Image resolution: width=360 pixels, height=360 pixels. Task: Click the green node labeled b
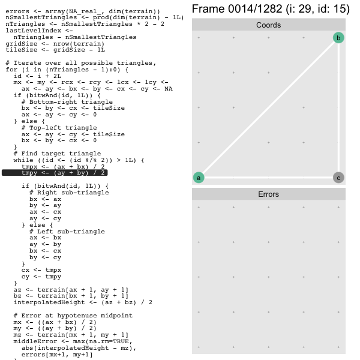pyautogui.click(x=338, y=38)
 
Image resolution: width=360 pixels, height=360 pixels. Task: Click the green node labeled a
pyautogui.click(x=199, y=178)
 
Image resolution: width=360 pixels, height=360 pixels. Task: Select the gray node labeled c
pyautogui.click(x=338, y=178)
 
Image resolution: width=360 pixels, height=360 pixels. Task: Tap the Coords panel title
pyautogui.click(x=268, y=25)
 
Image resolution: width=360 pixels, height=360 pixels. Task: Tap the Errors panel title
pyautogui.click(x=268, y=194)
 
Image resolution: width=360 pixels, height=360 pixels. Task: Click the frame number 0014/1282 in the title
pyautogui.click(x=255, y=9)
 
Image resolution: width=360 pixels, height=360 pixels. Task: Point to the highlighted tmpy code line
pyautogui.click(x=55, y=173)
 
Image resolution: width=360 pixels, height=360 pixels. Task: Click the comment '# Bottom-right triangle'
pyautogui.click(x=67, y=102)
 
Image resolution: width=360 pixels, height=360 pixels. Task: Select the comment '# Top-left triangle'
pyautogui.click(x=59, y=128)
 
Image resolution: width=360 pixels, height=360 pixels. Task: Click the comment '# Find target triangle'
pyautogui.click(x=57, y=154)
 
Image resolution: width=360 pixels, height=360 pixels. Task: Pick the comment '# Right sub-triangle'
pyautogui.click(x=69, y=193)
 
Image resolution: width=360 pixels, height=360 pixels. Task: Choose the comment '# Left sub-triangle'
pyautogui.click(x=67, y=232)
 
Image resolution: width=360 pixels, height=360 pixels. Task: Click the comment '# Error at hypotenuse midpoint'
pyautogui.click(x=73, y=316)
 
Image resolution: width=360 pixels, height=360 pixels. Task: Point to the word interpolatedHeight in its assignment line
pyautogui.click(x=49, y=302)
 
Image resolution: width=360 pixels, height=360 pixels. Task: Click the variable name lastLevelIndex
pyautogui.click(x=33, y=31)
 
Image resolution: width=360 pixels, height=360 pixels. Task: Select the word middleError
pyautogui.click(x=35, y=341)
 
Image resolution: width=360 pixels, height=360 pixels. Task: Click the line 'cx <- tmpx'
pyautogui.click(x=41, y=270)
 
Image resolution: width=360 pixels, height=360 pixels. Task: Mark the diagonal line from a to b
pyautogui.click(x=268, y=108)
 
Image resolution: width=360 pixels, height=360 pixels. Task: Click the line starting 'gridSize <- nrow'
pyautogui.click(x=55, y=44)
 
